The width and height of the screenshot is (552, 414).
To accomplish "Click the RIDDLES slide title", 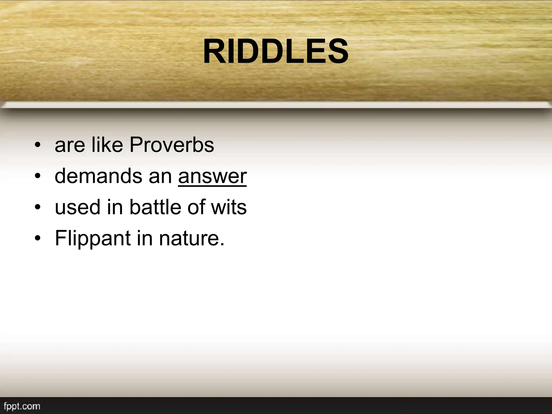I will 275,51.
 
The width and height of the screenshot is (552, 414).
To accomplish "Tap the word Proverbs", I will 172,145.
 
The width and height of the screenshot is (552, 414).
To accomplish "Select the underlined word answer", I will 212,176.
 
